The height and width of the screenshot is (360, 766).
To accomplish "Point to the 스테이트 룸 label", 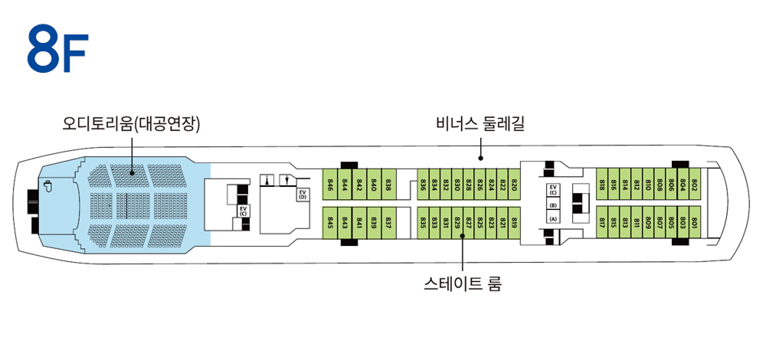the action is [463, 283].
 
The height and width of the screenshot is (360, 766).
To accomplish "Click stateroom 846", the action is [331, 184].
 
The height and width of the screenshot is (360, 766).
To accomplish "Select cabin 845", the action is [331, 223].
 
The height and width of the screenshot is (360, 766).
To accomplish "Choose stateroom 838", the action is [388, 184].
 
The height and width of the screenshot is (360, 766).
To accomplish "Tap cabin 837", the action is [388, 223].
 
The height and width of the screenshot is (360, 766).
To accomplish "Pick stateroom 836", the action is [423, 184].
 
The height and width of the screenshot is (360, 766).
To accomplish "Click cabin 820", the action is [514, 184].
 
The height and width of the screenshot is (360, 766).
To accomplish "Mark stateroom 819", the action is [514, 223].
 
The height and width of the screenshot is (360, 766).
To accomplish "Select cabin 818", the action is [602, 184].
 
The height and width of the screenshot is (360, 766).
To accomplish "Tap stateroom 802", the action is [695, 184].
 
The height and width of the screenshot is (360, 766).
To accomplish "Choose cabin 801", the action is [695, 223].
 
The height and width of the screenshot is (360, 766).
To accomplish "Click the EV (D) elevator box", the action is [303, 195].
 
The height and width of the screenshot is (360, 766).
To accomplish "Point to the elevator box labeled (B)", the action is [553, 205].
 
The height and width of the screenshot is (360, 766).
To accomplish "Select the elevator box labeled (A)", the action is [553, 218].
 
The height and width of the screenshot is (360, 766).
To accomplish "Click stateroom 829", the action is [457, 223].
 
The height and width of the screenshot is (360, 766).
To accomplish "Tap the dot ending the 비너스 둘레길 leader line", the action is [480, 159].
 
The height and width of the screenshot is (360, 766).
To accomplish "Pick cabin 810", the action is [648, 184].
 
